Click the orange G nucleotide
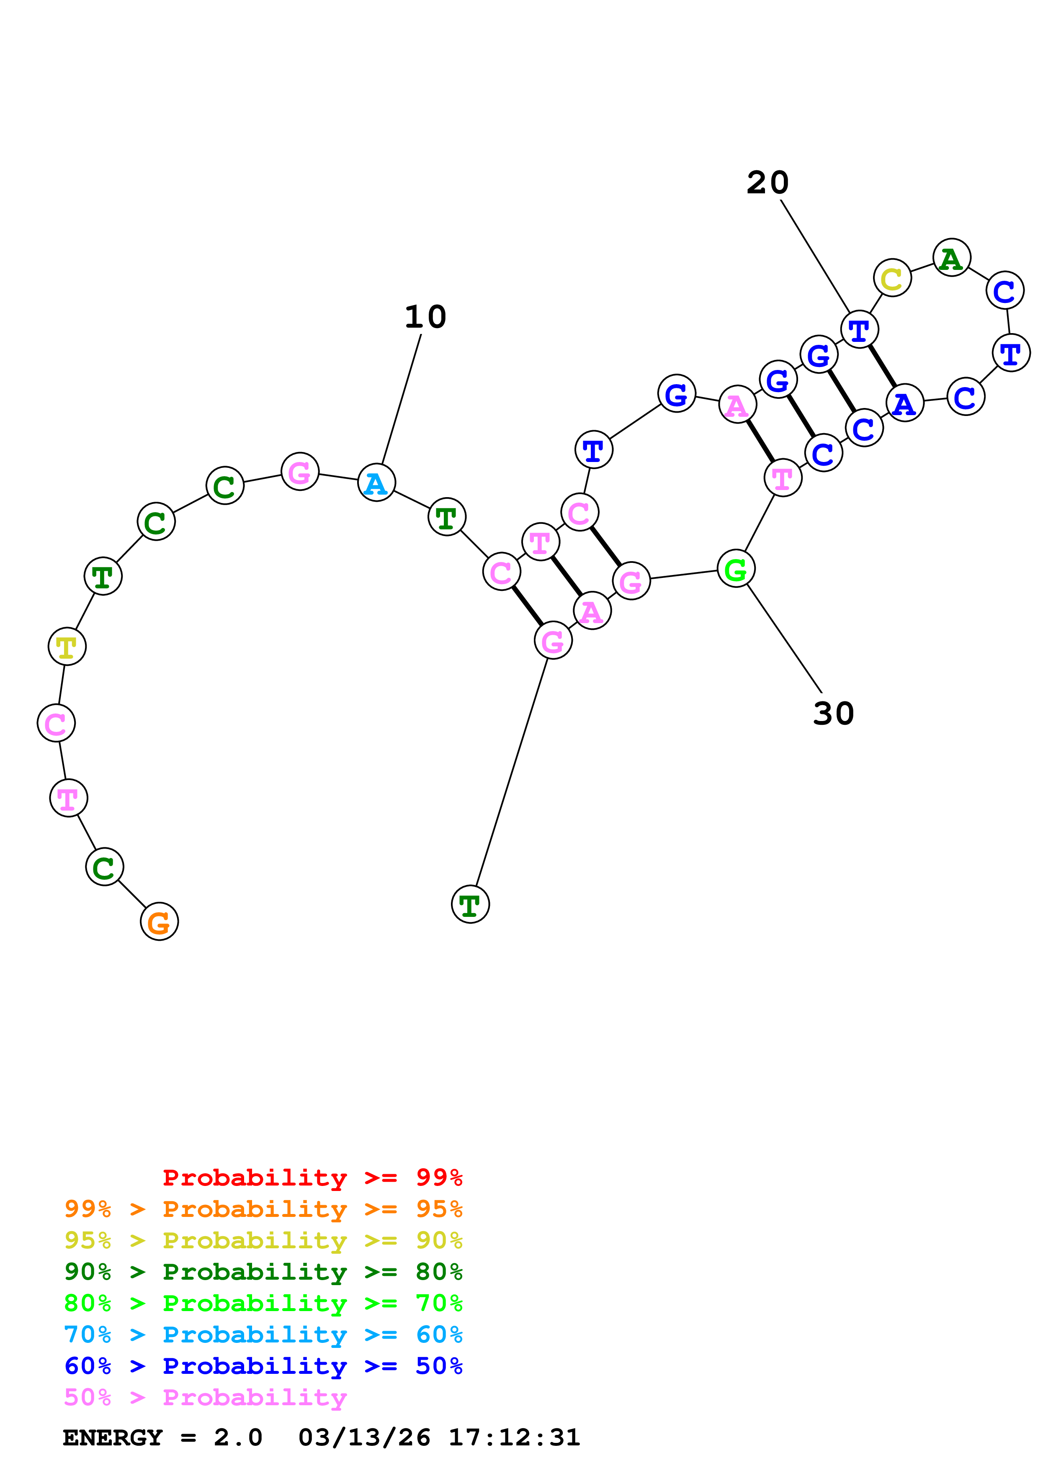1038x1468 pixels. coord(159,921)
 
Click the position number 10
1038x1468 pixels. coord(425,316)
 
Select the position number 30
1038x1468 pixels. coord(833,713)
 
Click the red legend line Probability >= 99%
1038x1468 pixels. coord(312,1177)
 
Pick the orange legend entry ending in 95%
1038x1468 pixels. coord(263,1209)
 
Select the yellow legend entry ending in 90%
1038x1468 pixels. coord(263,1240)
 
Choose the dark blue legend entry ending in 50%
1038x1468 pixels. coord(263,1366)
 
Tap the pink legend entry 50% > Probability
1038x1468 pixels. coord(205,1397)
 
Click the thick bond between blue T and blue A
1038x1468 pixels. coord(881,366)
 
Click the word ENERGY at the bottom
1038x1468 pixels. coord(113,1437)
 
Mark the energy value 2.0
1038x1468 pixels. coord(238,1437)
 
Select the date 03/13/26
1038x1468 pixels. coord(364,1437)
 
